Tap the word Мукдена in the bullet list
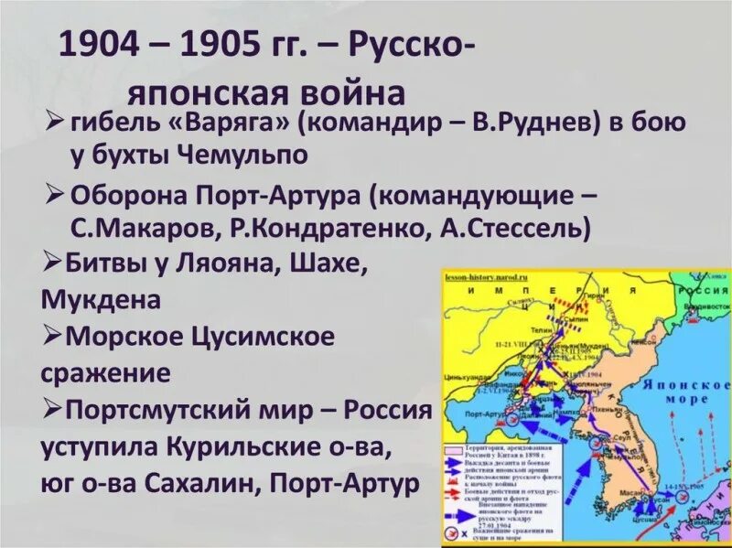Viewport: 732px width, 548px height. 101,299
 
